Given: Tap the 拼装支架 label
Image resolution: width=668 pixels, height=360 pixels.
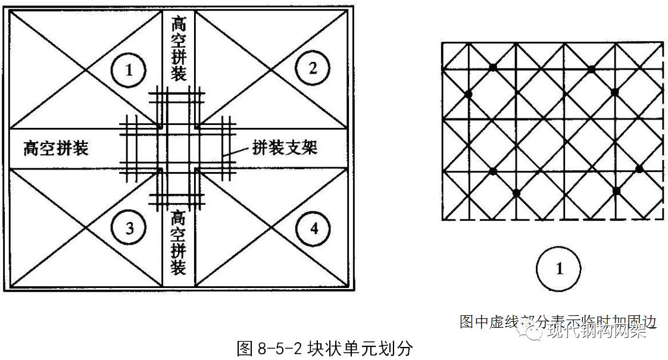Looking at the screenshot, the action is pyautogui.click(x=285, y=147).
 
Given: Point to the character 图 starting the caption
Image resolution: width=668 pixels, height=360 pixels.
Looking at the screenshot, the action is pyautogui.click(x=245, y=348).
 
